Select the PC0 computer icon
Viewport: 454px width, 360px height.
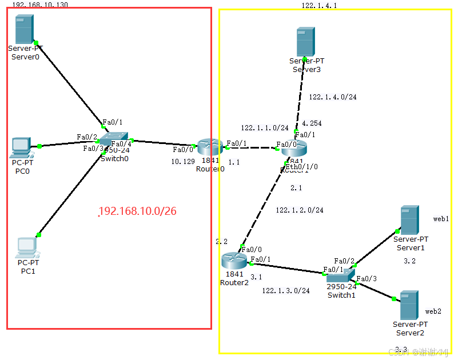click(21, 147)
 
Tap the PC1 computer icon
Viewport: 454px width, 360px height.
click(26, 247)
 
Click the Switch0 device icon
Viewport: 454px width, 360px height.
click(114, 139)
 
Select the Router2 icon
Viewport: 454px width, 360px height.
click(233, 261)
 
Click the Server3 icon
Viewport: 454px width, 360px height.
click(306, 42)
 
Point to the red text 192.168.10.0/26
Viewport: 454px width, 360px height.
click(137, 211)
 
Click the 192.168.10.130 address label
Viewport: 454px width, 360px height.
click(39, 4)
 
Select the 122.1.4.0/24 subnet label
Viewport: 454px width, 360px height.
click(332, 97)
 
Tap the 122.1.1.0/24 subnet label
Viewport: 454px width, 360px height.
click(264, 128)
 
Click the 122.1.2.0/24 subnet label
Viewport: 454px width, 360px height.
click(299, 210)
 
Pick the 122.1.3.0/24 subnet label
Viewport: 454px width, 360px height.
click(285, 291)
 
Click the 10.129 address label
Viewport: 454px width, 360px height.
click(183, 162)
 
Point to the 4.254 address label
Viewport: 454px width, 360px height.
click(311, 123)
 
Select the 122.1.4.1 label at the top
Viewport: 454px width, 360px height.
click(319, 5)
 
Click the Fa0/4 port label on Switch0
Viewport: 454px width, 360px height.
click(121, 144)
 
